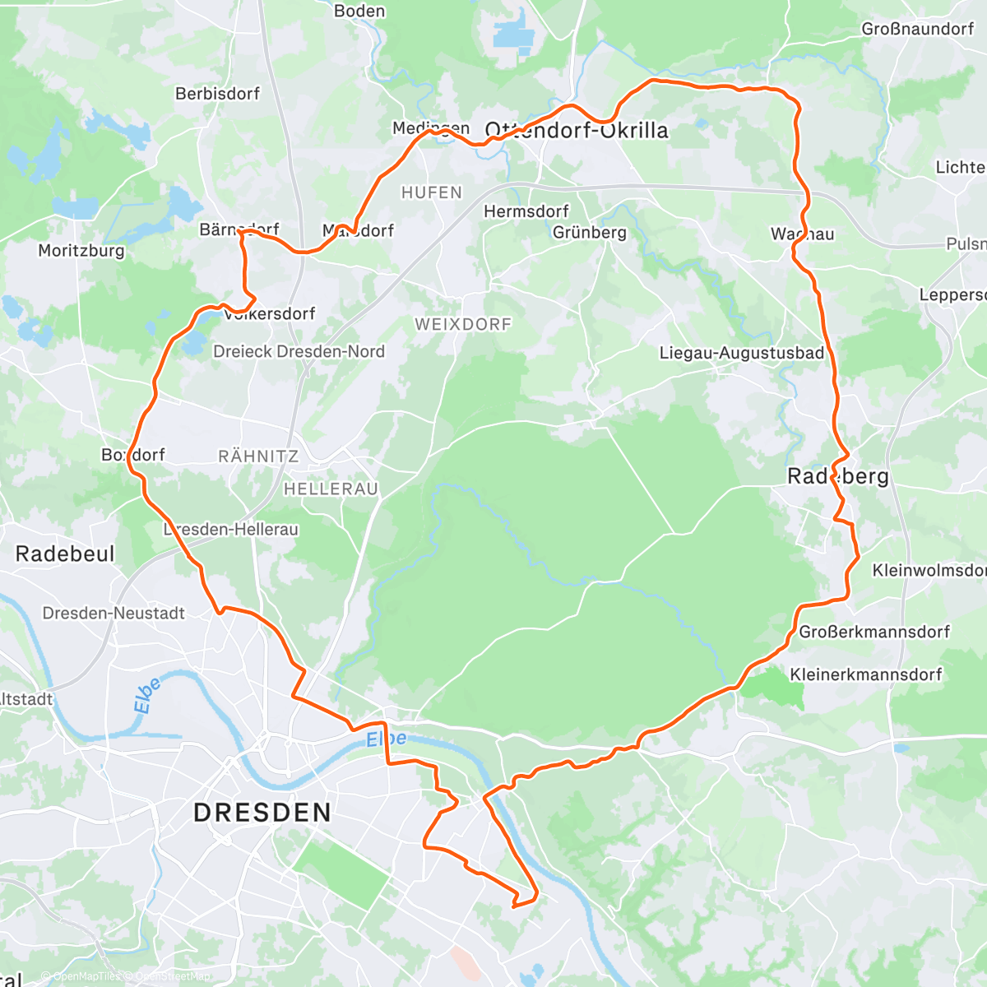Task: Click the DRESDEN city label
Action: [262, 813]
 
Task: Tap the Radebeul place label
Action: [65, 554]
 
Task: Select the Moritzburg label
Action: [81, 251]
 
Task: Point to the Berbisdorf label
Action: [217, 94]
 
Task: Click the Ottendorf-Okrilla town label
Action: [577, 131]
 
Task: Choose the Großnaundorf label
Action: [918, 29]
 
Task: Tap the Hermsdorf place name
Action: [526, 211]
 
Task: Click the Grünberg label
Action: [590, 233]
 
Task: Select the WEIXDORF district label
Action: [463, 324]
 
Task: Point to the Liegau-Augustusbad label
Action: [742, 353]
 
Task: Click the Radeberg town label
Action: [838, 476]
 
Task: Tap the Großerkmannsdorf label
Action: [874, 632]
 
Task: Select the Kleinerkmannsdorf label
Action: [866, 674]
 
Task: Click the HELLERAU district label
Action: [331, 489]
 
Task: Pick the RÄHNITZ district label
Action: [258, 456]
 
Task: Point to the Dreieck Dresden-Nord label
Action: [299, 351]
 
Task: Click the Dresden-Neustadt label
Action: [114, 613]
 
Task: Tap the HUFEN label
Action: [432, 192]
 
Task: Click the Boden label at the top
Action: [359, 11]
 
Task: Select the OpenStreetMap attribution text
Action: [171, 976]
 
